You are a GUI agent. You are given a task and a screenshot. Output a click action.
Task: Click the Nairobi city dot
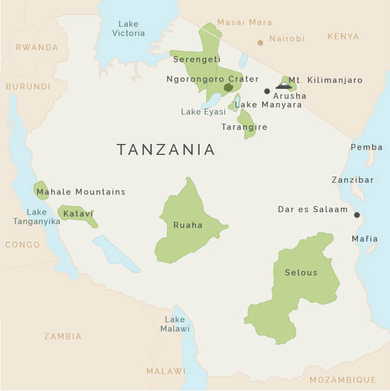point(260,43)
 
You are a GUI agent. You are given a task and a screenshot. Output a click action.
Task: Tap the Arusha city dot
point(267,91)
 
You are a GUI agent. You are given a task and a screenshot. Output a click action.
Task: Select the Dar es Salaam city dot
point(357,215)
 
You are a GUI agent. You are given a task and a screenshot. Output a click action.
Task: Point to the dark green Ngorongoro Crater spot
point(229,87)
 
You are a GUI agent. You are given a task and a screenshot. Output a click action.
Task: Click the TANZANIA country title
point(166,150)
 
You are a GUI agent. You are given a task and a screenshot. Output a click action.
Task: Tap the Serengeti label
point(196,59)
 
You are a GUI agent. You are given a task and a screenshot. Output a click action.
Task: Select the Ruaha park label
point(188,225)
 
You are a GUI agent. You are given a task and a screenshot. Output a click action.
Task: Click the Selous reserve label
point(301,273)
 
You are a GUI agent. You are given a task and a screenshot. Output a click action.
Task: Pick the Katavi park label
point(79,214)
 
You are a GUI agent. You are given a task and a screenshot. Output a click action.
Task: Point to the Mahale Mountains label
point(81,192)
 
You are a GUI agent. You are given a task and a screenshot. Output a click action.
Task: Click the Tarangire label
point(244,127)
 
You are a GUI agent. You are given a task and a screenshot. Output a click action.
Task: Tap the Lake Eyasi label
point(203,112)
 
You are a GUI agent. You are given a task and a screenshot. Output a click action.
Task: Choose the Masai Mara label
point(244,22)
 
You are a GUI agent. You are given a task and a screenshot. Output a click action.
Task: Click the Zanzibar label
point(353,180)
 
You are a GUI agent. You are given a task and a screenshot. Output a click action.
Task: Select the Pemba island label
point(363,147)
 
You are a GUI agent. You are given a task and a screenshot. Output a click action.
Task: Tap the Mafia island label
point(364,239)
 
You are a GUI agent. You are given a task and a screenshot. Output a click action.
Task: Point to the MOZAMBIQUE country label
point(343,380)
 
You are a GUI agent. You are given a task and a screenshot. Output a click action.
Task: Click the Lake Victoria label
point(129,28)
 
